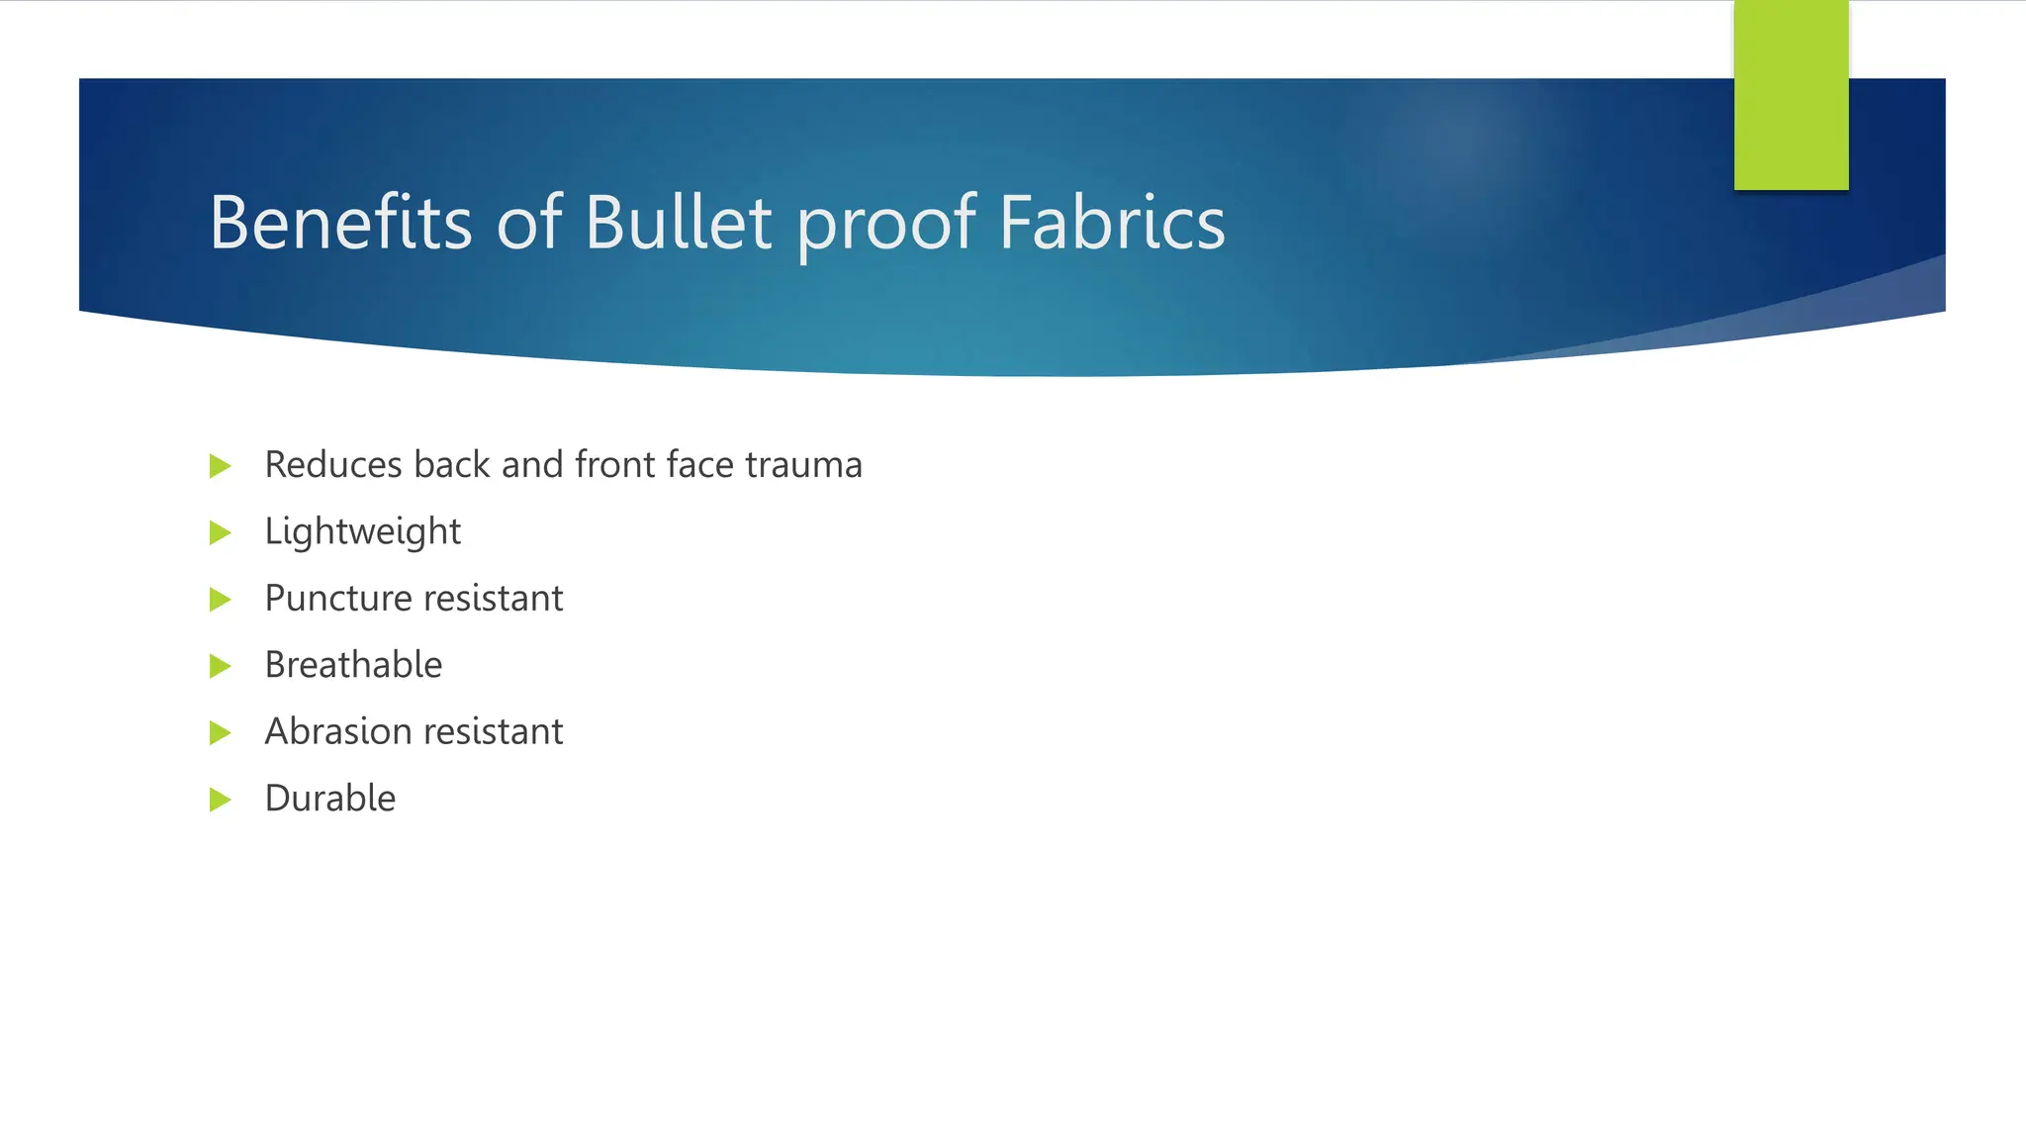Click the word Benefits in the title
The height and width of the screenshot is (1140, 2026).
(x=340, y=223)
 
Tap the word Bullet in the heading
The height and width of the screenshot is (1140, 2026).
(x=678, y=223)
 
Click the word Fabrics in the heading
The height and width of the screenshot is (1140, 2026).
(x=1112, y=223)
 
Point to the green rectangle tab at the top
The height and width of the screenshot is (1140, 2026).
(x=1791, y=95)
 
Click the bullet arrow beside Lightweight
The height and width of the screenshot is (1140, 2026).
(x=221, y=533)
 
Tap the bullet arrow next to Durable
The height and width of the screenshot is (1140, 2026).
(x=221, y=800)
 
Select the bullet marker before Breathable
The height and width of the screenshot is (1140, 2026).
(x=221, y=666)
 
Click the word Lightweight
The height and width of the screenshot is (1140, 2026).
(x=362, y=532)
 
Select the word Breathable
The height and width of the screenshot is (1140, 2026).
(x=353, y=665)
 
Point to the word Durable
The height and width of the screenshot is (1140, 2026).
(x=329, y=799)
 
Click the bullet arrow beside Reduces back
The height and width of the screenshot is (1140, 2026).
(x=221, y=466)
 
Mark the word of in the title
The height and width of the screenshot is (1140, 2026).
(x=528, y=223)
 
